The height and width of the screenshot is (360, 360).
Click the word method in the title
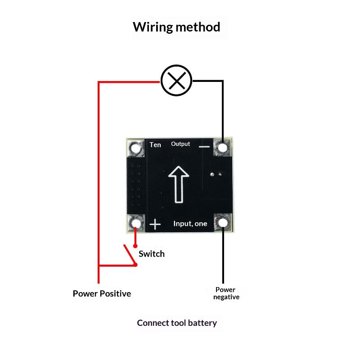click(198, 27)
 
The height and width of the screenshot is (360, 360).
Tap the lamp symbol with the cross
click(176, 81)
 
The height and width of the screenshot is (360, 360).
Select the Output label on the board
click(180, 144)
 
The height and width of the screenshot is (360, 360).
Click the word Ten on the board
click(155, 145)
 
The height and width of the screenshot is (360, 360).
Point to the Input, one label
click(190, 224)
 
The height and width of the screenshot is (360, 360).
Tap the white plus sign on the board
click(155, 224)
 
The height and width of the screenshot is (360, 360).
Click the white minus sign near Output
click(205, 146)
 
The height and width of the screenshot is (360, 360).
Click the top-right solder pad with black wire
click(222, 148)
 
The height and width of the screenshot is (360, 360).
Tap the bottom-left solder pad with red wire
click(136, 223)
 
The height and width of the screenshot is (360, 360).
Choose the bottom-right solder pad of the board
click(222, 222)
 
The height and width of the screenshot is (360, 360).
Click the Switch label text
click(152, 254)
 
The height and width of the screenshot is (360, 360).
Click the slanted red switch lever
click(130, 255)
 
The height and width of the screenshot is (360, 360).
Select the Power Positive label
click(102, 293)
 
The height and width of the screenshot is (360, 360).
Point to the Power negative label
click(226, 293)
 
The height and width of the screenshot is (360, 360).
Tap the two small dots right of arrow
click(215, 174)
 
